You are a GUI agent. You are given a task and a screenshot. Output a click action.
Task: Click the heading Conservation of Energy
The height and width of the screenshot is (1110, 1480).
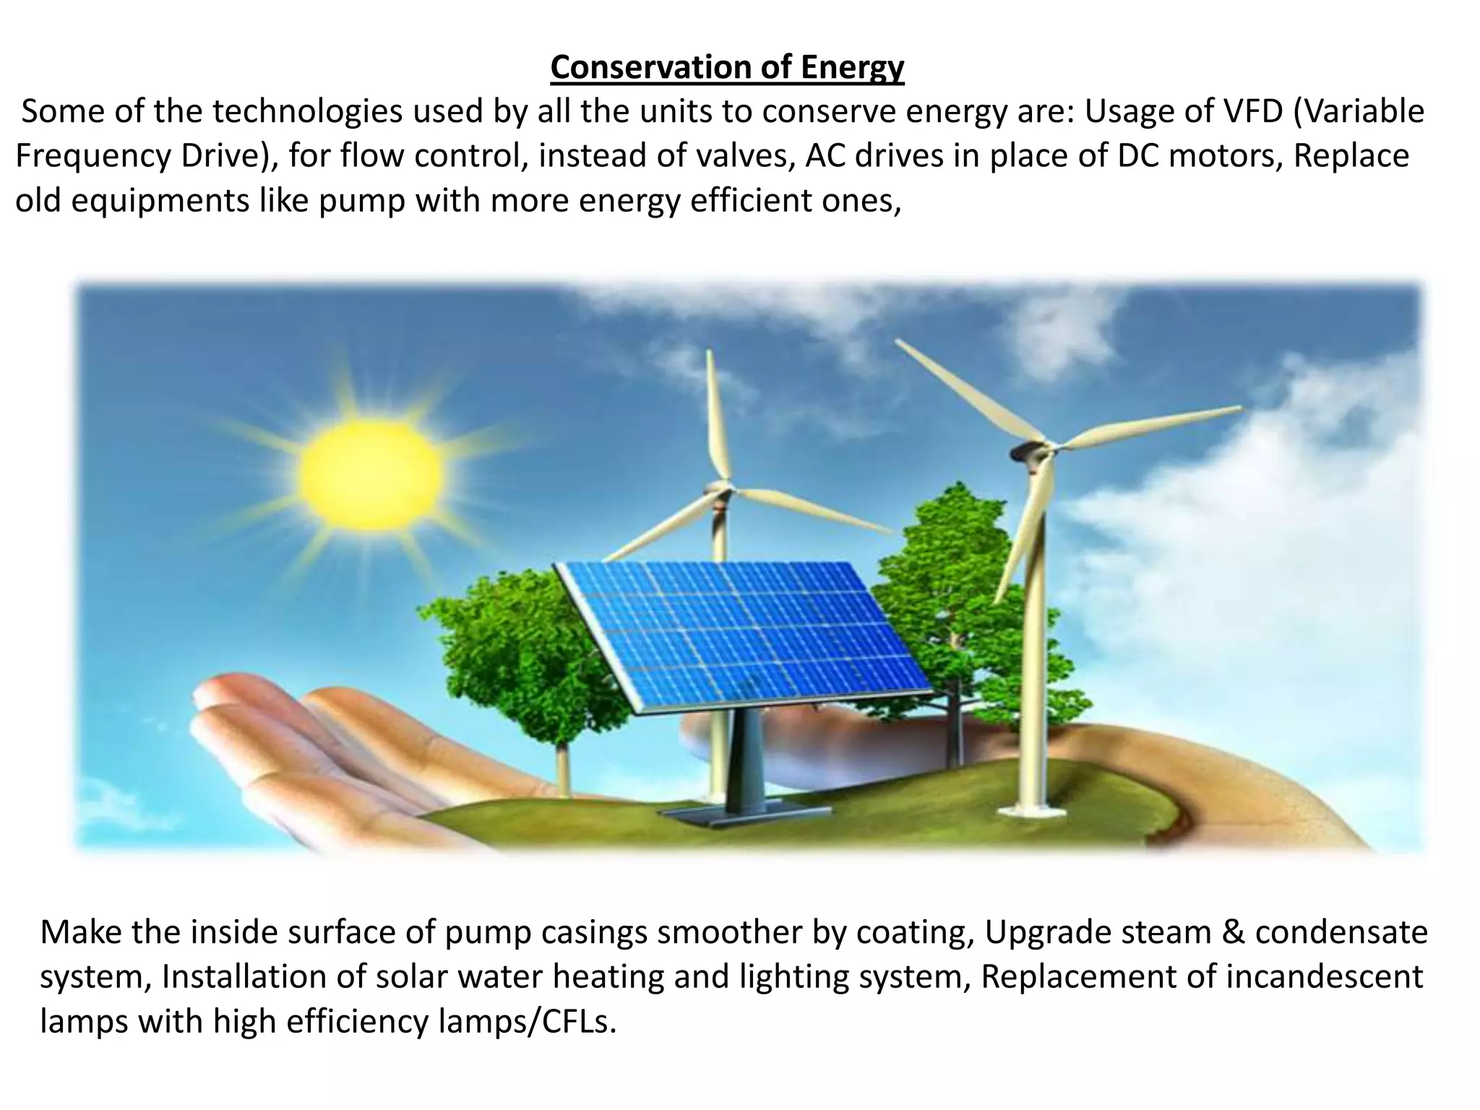[x=727, y=68]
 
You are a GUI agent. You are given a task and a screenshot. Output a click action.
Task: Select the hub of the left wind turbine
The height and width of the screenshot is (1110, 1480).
[x=719, y=491]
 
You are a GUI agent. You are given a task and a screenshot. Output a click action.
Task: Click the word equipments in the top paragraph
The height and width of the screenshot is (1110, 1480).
[x=160, y=201]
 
